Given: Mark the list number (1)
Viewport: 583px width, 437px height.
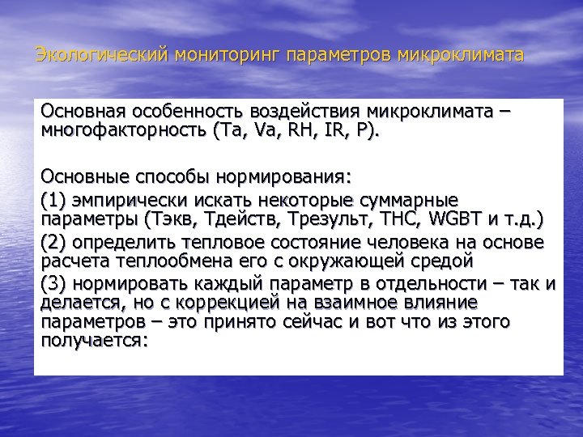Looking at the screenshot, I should [53, 198].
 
